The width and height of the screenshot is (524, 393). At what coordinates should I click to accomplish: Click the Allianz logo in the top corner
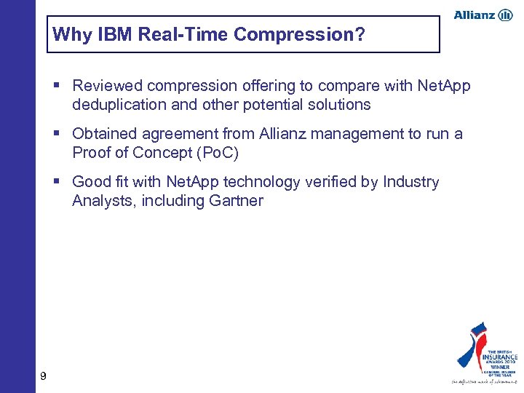click(x=483, y=15)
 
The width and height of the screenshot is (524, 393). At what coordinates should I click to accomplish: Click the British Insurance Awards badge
click(x=484, y=353)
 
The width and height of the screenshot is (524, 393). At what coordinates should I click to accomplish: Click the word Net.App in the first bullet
click(x=444, y=86)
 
